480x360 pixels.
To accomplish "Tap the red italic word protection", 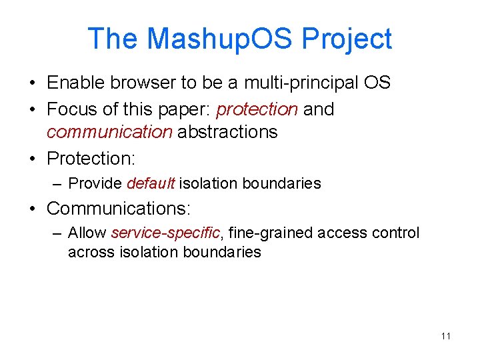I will pyautogui.click(x=257, y=109).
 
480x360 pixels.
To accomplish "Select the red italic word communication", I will pyautogui.click(x=109, y=132).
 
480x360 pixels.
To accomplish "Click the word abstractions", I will pyautogui.click(x=227, y=132).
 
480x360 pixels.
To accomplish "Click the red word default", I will pyautogui.click(x=150, y=183).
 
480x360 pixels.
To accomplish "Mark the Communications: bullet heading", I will pyautogui.click(x=119, y=209).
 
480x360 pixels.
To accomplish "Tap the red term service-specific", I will pyautogui.click(x=165, y=233).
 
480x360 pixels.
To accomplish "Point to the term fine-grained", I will pyautogui.click(x=271, y=233).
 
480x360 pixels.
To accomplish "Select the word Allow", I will pyautogui.click(x=87, y=233).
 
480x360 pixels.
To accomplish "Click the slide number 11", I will pyautogui.click(x=445, y=336).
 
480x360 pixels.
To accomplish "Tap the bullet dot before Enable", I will pyautogui.click(x=33, y=84).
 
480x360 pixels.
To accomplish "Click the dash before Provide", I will pyautogui.click(x=55, y=183).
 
